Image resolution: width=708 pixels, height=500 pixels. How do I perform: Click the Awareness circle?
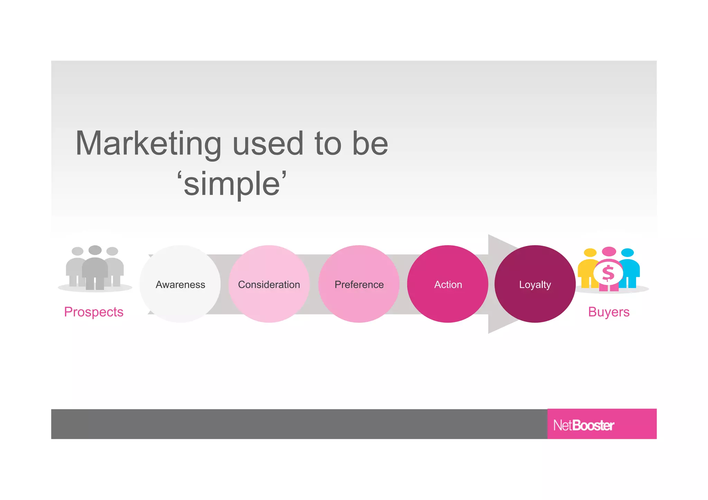[180, 284]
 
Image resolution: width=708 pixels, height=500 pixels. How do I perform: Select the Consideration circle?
[269, 284]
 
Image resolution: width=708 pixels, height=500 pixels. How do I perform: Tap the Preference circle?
[359, 284]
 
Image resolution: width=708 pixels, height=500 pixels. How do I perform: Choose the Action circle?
[448, 284]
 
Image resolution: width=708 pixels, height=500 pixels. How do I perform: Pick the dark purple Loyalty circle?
[535, 284]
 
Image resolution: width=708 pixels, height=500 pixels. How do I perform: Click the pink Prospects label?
[94, 312]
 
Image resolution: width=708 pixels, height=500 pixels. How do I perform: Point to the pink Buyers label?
[609, 312]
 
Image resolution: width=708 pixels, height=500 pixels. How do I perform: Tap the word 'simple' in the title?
[232, 184]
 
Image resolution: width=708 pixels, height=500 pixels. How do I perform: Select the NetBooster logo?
[584, 425]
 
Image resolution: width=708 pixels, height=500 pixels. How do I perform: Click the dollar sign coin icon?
[608, 273]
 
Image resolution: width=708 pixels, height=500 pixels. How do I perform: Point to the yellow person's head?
[590, 253]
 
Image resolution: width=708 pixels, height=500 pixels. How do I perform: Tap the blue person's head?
[627, 253]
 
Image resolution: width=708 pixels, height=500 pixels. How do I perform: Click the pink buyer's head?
[609, 251]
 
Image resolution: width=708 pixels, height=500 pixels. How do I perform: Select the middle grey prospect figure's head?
[95, 250]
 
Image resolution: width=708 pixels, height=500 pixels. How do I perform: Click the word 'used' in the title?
[268, 143]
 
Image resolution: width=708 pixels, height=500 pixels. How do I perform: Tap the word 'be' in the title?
[370, 143]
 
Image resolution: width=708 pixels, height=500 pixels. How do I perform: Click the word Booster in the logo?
[593, 425]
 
